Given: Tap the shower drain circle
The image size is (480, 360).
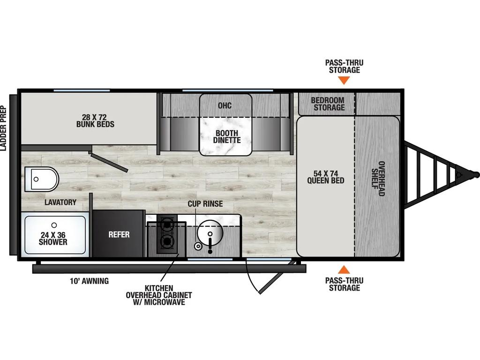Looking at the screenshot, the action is point(54,225).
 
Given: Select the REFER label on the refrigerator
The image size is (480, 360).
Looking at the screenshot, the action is point(119,234).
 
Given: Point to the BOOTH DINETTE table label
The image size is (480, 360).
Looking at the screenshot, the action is point(227,136).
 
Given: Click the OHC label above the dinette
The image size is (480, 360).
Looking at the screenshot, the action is point(225,105).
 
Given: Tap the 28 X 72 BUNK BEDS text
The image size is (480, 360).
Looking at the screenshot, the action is point(95,120).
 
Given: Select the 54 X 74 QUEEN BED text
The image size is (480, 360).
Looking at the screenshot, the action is point(326,177).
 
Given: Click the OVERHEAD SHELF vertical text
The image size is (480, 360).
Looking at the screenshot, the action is point(378,179).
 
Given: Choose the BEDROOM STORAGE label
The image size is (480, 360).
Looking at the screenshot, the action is point(328,104).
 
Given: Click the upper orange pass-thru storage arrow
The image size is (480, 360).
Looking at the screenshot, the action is point(344,81).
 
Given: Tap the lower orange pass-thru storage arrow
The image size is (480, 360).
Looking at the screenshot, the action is point(344,270).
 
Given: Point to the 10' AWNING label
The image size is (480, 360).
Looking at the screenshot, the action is point(90,281).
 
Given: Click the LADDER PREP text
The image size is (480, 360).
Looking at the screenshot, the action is point(3,128).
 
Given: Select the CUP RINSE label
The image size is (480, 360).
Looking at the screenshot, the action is point(205,203).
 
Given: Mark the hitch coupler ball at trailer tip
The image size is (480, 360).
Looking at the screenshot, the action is point(476,175).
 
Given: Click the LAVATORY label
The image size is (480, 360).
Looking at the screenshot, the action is point(60,202).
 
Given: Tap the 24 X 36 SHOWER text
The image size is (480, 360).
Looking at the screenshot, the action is point(53,239).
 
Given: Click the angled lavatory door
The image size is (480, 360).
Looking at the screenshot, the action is point(109,163).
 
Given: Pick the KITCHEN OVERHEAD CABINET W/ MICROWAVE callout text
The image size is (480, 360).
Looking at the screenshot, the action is point(159,295).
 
